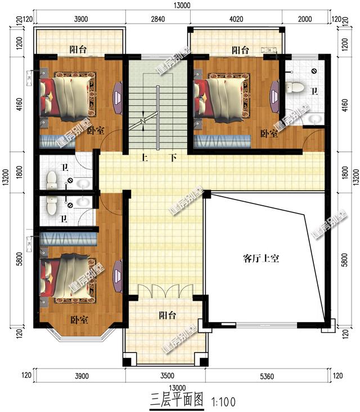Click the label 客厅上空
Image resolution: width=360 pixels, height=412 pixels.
(x=262, y=259)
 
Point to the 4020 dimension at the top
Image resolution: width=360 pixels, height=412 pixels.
(x=236, y=19)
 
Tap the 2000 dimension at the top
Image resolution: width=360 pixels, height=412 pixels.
(x=304, y=19)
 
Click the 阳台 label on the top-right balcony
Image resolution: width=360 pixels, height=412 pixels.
(x=240, y=50)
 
